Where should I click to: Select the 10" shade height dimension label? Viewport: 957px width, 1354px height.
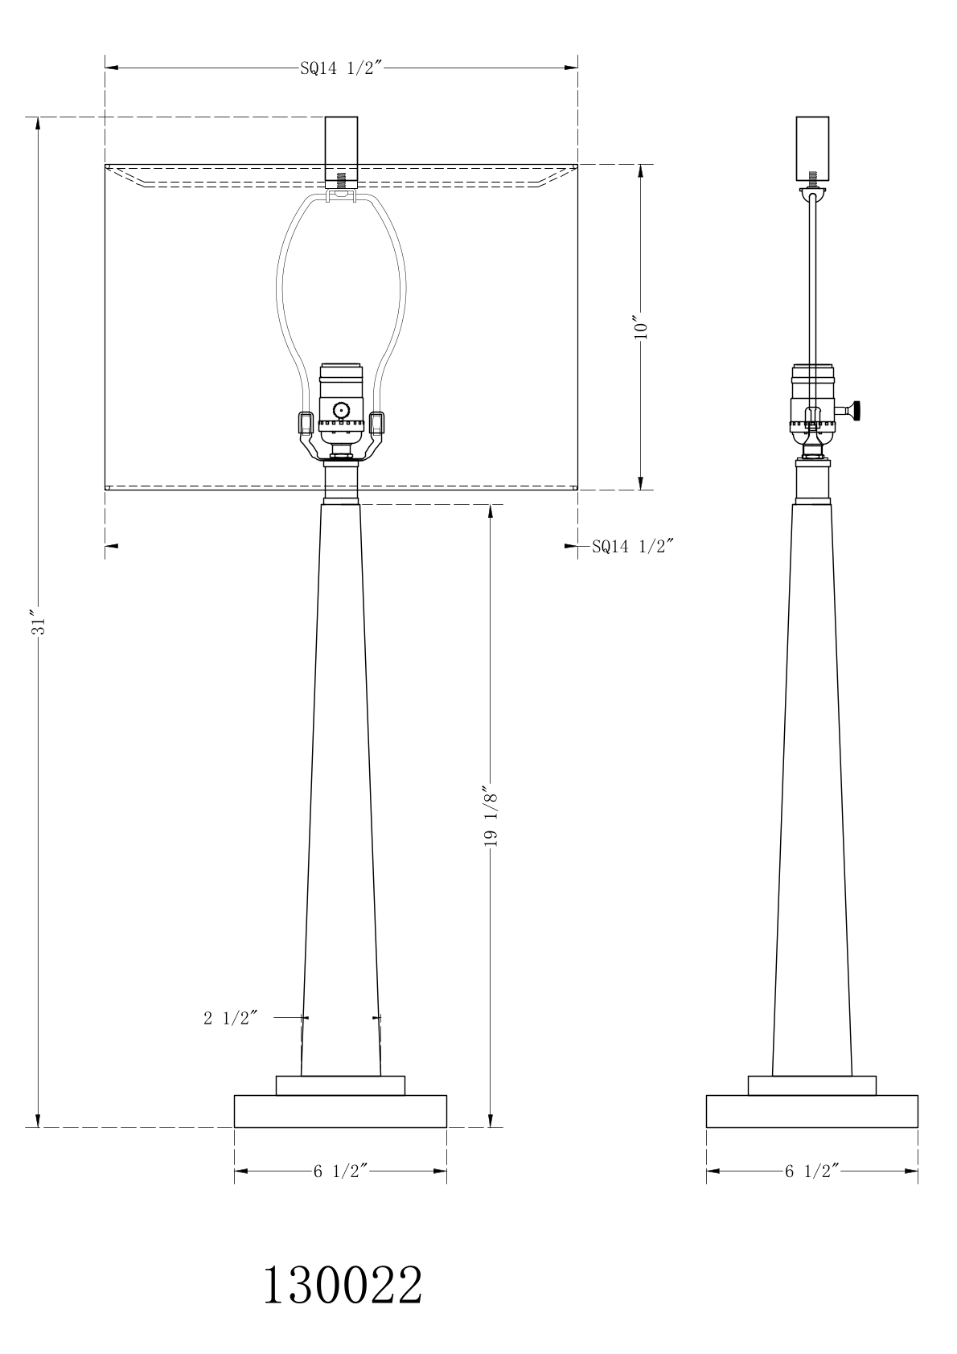pos(641,327)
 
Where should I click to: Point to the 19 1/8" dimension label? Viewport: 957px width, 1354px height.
pos(491,816)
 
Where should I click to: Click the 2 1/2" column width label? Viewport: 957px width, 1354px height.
pos(231,1019)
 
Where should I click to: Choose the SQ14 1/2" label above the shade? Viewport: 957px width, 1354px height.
pos(342,68)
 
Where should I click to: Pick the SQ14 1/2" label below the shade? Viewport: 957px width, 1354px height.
pos(632,547)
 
